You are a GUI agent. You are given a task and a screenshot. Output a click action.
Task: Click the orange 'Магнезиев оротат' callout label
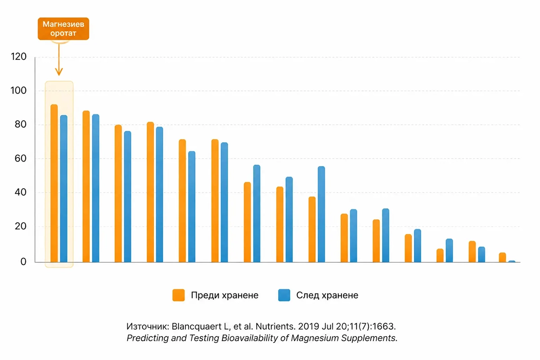click(63, 29)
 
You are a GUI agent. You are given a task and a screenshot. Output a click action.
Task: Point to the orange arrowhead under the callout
click(59, 72)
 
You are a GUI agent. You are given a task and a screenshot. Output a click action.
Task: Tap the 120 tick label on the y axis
click(18, 57)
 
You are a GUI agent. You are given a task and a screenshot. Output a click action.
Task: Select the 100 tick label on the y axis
click(18, 90)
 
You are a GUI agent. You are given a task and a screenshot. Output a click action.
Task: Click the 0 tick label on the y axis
click(23, 261)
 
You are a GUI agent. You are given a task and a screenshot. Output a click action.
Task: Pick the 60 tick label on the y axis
click(21, 158)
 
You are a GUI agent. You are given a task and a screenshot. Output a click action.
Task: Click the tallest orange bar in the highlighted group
click(54, 183)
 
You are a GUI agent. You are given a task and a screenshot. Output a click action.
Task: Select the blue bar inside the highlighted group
click(63, 189)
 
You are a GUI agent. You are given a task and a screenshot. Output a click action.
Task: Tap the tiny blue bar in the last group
click(512, 261)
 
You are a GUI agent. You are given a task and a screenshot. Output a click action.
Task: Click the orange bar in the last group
click(502, 257)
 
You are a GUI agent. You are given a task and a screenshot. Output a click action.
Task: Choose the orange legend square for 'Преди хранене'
click(179, 295)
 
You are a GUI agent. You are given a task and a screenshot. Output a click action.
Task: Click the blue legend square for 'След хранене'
click(284, 295)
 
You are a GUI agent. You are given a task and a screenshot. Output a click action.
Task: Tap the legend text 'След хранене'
click(327, 295)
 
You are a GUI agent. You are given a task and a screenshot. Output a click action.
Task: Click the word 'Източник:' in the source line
click(148, 327)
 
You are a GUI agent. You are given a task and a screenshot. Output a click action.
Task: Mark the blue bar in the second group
click(96, 188)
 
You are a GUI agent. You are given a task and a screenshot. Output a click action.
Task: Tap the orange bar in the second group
click(86, 186)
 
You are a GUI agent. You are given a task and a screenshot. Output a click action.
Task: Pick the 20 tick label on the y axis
click(21, 226)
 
